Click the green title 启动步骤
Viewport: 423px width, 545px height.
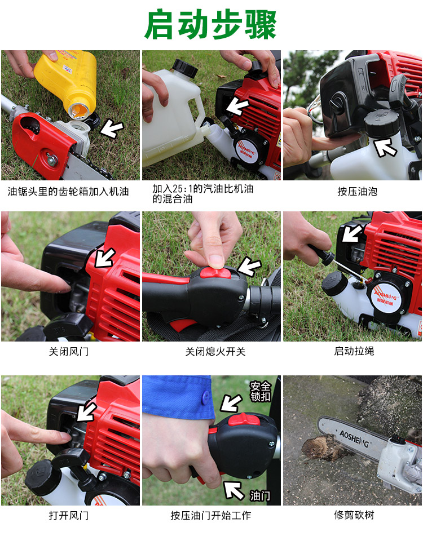210,25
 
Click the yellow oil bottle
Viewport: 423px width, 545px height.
67,82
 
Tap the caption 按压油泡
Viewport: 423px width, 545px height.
357,192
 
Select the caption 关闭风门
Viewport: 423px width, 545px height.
69,351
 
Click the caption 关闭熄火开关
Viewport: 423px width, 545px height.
215,351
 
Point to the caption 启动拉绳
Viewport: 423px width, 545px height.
354,351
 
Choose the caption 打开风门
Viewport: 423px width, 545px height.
69,515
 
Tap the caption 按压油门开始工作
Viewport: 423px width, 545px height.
210,515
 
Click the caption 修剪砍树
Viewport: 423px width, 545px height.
354,515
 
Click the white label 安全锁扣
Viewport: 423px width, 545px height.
260,391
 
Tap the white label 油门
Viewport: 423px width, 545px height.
260,495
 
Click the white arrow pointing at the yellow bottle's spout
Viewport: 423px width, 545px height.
112,129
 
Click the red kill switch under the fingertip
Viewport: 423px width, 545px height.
215,273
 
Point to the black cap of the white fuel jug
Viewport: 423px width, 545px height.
185,68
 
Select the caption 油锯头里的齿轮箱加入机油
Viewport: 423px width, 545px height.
68,192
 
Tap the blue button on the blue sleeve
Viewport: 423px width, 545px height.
205,398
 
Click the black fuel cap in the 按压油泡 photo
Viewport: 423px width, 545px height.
381,123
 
